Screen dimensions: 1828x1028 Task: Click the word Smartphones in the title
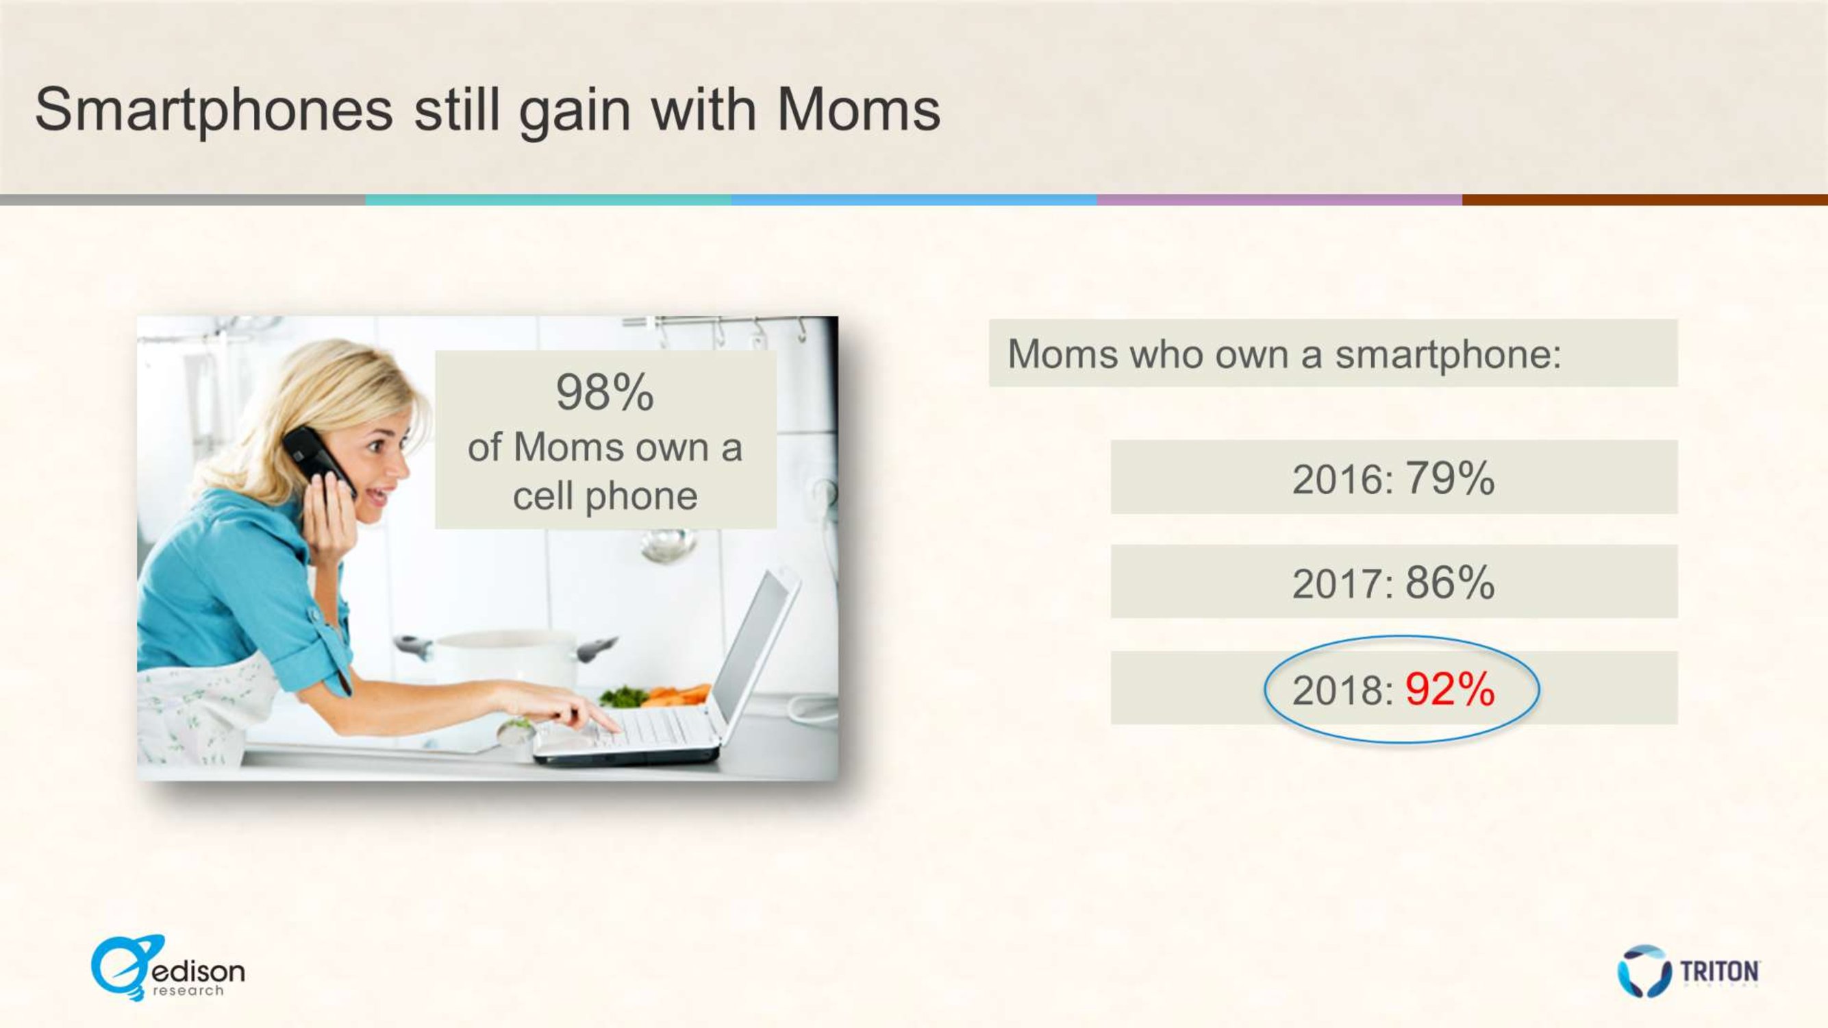[214, 111]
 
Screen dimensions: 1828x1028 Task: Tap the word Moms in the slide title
[859, 110]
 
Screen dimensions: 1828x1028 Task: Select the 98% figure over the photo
[605, 392]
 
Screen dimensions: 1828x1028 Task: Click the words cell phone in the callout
[605, 495]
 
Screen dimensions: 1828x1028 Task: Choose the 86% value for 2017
[1450, 582]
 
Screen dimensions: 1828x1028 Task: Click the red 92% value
[1450, 689]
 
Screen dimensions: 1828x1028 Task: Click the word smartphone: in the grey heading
[1449, 354]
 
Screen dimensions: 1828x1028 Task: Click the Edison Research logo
[168, 968]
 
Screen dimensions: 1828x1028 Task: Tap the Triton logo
[1688, 970]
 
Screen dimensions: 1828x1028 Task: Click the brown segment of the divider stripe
[1645, 200]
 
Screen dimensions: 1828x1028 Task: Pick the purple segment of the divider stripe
[1279, 200]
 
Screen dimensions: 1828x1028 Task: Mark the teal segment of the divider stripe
[549, 200]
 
